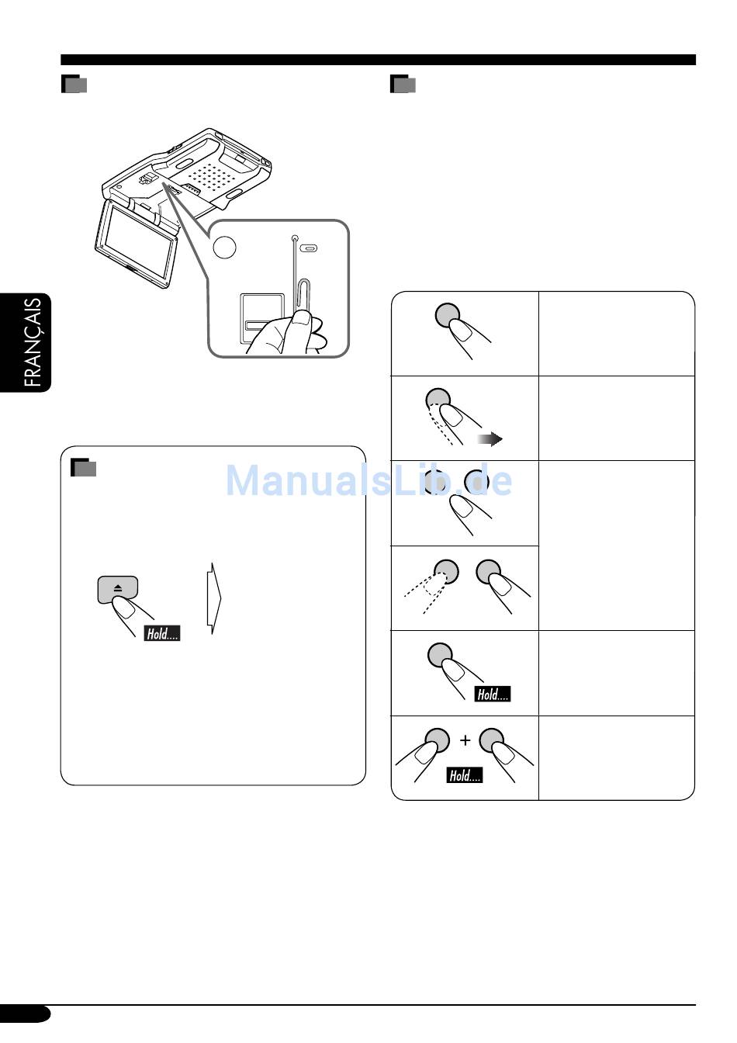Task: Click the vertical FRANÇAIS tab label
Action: (33, 342)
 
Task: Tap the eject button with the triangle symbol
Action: (118, 589)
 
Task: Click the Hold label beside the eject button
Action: (162, 633)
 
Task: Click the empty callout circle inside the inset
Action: (224, 247)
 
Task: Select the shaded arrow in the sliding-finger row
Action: (490, 439)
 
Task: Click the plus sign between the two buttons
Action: (465, 740)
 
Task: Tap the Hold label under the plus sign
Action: (465, 775)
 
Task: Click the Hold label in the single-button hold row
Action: (493, 695)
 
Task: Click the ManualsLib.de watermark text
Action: (368, 480)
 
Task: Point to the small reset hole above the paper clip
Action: (295, 239)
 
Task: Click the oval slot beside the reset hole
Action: (309, 248)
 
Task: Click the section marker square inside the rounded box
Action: (83, 468)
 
